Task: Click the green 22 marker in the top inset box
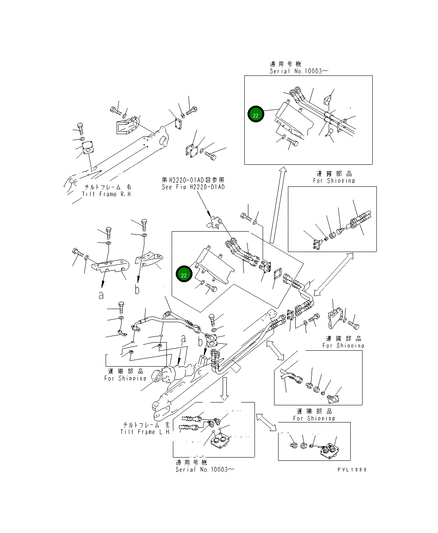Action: [x=256, y=115]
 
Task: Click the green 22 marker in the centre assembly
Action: [x=184, y=274]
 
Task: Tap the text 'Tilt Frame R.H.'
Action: [x=107, y=194]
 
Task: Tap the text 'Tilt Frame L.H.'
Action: [x=146, y=432]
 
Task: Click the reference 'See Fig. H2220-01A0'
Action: [x=193, y=187]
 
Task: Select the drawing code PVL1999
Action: [x=352, y=469]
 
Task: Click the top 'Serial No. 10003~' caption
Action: [x=299, y=71]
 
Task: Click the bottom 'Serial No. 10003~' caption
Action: [x=205, y=469]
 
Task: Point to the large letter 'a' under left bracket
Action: [x=101, y=295]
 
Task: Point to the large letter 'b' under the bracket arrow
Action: [x=137, y=289]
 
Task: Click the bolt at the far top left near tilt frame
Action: [x=80, y=128]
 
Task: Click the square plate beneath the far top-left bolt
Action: [x=87, y=148]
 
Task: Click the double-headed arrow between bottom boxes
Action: [x=267, y=422]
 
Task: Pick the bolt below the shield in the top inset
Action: [x=292, y=142]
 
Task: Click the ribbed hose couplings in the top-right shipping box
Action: [x=361, y=220]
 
